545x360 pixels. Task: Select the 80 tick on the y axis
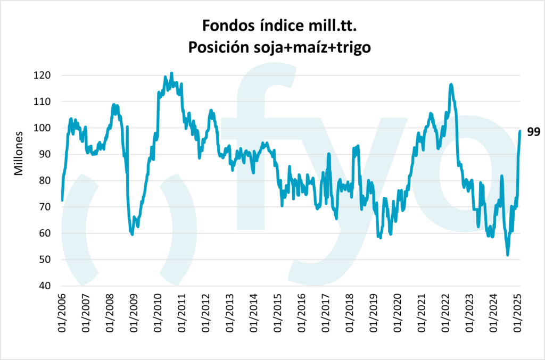[x=45, y=181]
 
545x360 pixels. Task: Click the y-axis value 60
[x=45, y=233]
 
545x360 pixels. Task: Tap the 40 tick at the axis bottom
[x=45, y=286]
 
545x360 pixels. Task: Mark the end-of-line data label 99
[x=533, y=132]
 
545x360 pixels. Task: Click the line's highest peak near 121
[x=171, y=73]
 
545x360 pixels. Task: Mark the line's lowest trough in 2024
[x=508, y=255]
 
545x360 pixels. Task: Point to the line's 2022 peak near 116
[x=451, y=84]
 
